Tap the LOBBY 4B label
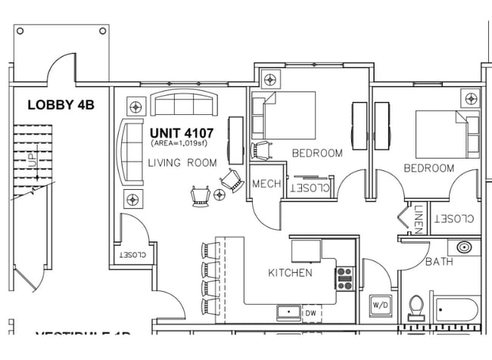61,105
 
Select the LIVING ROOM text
182,163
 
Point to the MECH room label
266,184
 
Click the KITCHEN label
290,272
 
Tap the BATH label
439,262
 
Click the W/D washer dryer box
380,305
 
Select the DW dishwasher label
310,312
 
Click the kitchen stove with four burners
345,279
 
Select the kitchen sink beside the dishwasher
288,311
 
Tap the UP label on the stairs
33,160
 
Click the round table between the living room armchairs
220,195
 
